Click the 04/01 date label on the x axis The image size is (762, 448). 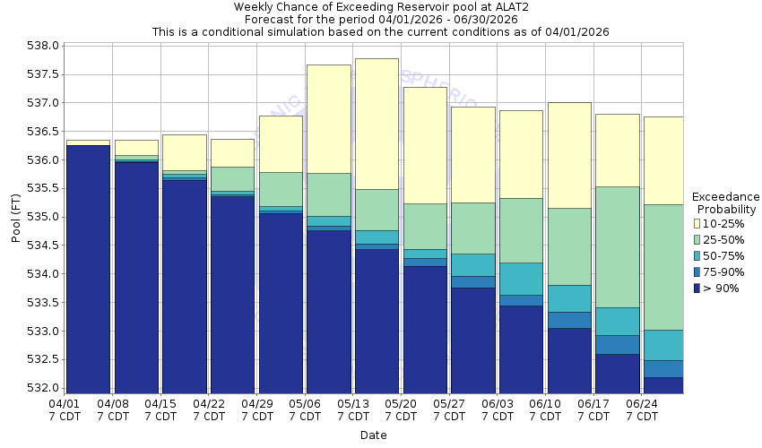pyautogui.click(x=64, y=404)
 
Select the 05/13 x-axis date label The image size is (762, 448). pyautogui.click(x=354, y=404)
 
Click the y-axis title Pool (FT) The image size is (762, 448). pyautogui.click(x=15, y=217)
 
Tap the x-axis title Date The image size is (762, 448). pyautogui.click(x=374, y=435)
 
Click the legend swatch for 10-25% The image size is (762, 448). pyautogui.click(x=698, y=223)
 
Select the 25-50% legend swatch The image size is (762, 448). pyautogui.click(x=698, y=239)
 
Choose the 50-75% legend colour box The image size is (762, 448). pyautogui.click(x=698, y=255)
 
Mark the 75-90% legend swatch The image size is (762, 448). pyautogui.click(x=698, y=271)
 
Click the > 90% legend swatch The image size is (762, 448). pyautogui.click(x=698, y=288)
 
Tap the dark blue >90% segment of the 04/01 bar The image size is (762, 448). pyautogui.click(x=88, y=269)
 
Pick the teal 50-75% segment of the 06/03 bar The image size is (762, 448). pyautogui.click(x=521, y=279)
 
